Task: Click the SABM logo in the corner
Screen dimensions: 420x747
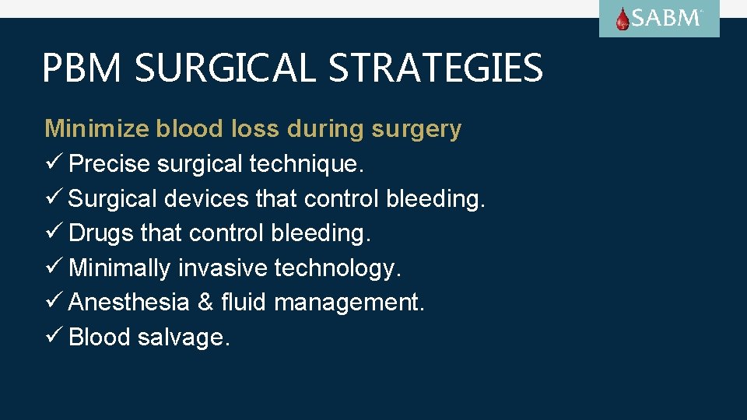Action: point(659,19)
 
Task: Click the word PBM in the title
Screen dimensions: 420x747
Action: point(81,68)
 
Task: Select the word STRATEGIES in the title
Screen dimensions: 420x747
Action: point(436,68)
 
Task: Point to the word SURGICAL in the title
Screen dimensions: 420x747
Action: point(226,68)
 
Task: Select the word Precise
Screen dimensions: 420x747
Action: point(110,164)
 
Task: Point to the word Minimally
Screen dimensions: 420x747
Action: point(120,268)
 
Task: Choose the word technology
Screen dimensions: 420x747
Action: point(338,269)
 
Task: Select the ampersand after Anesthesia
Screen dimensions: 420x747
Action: point(205,302)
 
